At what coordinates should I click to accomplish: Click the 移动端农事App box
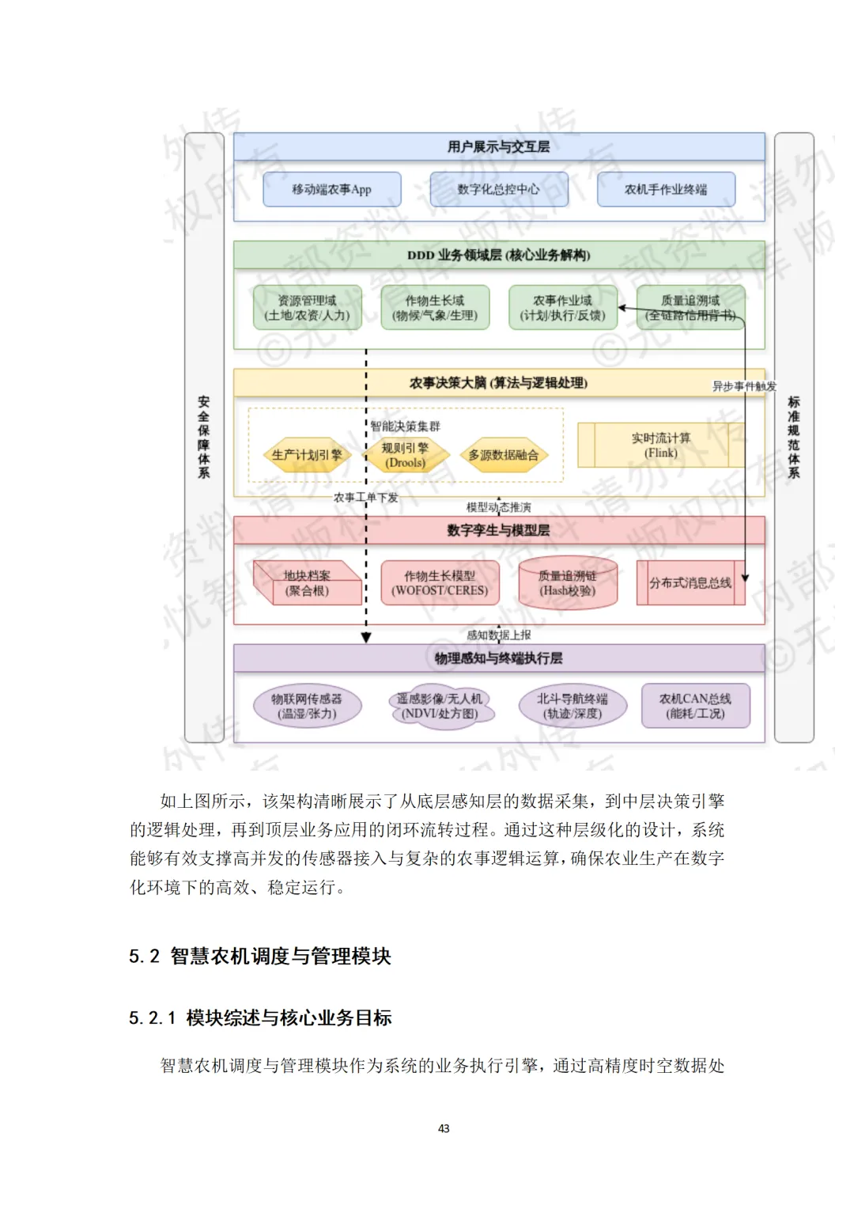coord(331,190)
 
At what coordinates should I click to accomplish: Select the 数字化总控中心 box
coord(498,190)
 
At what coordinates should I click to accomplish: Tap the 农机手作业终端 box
coord(666,190)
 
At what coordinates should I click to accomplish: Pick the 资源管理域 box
coord(307,308)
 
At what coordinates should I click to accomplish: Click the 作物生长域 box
coord(435,308)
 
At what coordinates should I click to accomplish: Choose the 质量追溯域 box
coord(690,308)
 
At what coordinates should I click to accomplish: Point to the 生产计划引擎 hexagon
coord(307,455)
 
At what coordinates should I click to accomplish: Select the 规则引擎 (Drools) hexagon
coord(405,455)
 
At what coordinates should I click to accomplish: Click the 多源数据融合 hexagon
coord(504,455)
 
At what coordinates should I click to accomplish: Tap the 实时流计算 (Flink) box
coord(661,445)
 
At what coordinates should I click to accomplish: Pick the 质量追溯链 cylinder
coord(568,584)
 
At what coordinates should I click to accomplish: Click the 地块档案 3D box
coord(307,584)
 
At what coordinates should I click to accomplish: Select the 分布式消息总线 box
coord(690,583)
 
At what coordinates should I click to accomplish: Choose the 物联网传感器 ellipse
coord(307,706)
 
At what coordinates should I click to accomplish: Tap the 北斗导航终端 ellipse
coord(572,706)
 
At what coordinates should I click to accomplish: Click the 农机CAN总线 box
coord(695,706)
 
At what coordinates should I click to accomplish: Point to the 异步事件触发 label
coord(744,386)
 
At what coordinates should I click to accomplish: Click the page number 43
coord(444,1128)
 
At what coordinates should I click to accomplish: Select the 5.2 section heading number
coord(144,957)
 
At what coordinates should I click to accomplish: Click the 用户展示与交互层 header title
coord(498,146)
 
